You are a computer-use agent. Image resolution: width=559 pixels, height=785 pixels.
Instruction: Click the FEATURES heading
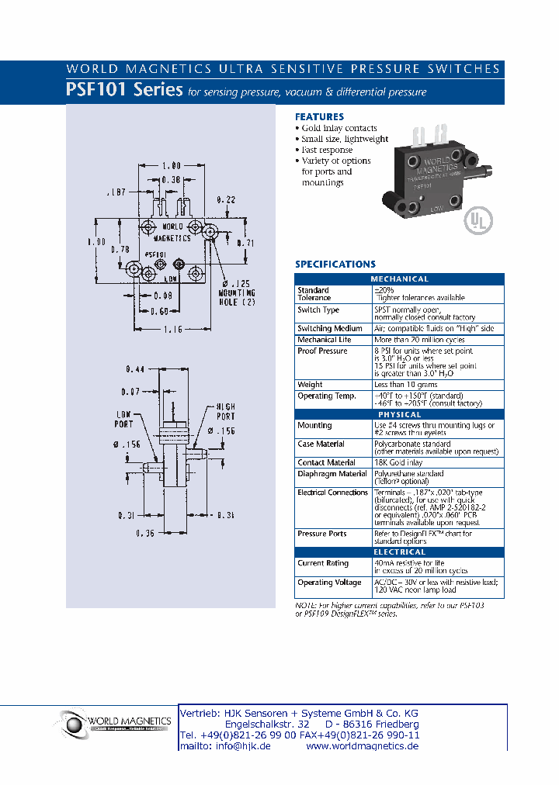[x=319, y=117]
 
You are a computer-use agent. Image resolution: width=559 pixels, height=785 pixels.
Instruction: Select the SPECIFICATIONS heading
[x=335, y=265]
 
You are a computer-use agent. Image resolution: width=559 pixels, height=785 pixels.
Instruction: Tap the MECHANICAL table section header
[x=399, y=279]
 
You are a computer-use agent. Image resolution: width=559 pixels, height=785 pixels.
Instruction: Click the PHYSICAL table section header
[x=399, y=415]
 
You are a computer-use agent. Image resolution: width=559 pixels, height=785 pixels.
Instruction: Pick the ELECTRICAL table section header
[x=399, y=552]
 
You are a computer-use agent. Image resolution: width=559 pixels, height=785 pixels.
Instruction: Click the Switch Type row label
[x=318, y=310]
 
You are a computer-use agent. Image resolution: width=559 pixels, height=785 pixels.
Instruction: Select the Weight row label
[x=310, y=385]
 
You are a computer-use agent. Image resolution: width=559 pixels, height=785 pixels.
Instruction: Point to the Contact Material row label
[x=326, y=462]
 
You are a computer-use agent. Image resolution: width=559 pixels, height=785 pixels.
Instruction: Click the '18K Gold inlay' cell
[x=399, y=462]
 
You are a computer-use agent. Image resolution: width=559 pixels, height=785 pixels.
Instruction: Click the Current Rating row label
[x=323, y=563]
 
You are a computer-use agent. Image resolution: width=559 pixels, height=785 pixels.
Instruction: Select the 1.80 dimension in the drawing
[x=171, y=165]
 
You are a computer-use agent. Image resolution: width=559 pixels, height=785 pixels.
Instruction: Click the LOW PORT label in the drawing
[x=125, y=419]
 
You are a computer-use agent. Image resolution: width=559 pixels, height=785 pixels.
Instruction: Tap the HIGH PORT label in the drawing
[x=225, y=412]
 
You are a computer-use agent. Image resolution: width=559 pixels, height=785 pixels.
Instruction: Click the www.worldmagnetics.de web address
[x=363, y=745]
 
